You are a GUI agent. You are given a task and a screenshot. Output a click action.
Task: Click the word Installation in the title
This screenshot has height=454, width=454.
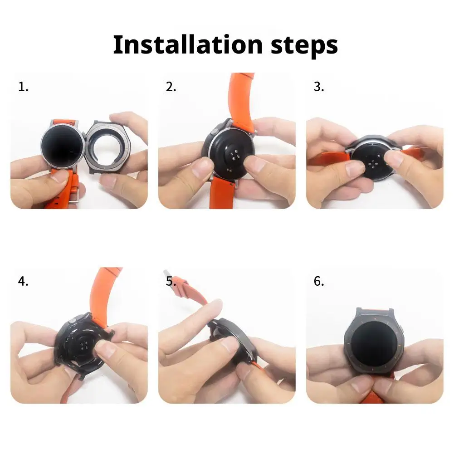click(x=187, y=45)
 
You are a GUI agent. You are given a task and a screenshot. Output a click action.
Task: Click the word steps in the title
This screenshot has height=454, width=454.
click(x=301, y=45)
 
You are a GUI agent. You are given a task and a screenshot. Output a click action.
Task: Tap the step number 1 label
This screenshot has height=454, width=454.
click(x=23, y=87)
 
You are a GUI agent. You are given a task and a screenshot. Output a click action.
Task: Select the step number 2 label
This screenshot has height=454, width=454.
click(x=171, y=87)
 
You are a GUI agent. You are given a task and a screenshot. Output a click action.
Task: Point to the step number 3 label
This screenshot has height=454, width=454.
click(x=319, y=87)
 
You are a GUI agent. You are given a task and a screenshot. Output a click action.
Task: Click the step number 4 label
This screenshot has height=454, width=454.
click(x=23, y=281)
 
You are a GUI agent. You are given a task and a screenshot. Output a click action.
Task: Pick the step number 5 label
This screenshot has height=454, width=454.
click(x=171, y=281)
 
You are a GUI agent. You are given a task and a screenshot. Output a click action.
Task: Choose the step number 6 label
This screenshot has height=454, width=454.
click(x=319, y=281)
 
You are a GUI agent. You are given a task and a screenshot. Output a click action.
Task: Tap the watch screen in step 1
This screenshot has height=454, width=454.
click(x=62, y=147)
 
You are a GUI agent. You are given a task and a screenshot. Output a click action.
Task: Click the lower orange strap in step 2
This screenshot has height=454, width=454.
click(x=222, y=193)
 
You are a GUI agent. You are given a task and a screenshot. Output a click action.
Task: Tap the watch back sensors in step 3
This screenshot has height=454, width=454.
click(x=374, y=161)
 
